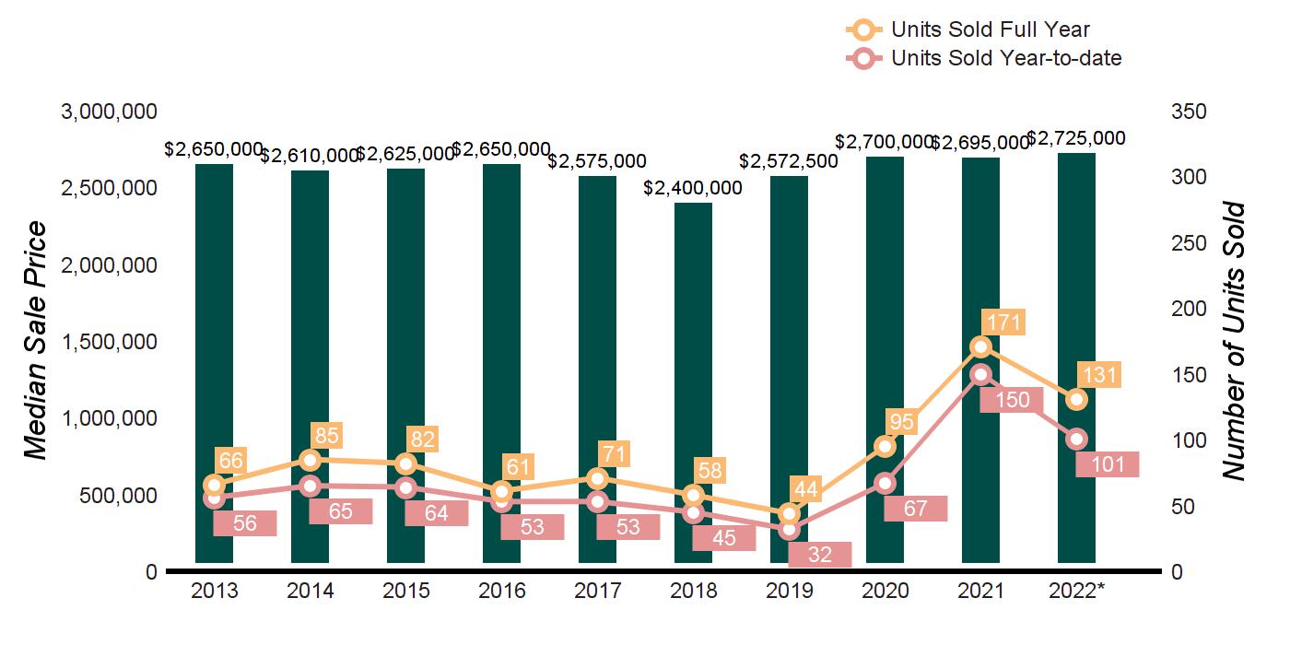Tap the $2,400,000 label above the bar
pos(693,188)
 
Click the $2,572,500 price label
pos(789,162)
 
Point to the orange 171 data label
pos(1003,323)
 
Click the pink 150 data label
pos(1011,400)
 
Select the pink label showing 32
pos(819,555)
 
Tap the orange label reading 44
pos(806,489)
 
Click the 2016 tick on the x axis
pos(501,591)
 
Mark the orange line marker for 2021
pos(980,346)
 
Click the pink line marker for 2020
pos(885,483)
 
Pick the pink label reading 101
pos(1107,464)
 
